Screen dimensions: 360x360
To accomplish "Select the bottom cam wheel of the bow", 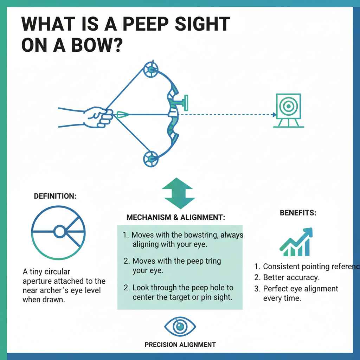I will (151, 159).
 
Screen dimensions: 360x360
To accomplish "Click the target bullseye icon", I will (288, 106).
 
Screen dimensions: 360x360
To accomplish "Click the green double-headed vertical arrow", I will (178, 194).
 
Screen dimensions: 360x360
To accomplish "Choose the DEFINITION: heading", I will (55, 197).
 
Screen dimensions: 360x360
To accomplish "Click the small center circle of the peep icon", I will (59, 232).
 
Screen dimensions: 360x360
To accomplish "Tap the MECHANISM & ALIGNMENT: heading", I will (175, 218).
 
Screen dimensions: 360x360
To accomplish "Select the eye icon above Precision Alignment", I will (180, 327).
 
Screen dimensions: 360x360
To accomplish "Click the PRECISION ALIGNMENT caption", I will (180, 345).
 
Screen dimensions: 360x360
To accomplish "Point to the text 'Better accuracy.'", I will (291, 277).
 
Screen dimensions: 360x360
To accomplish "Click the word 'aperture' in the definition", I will (39, 281).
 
